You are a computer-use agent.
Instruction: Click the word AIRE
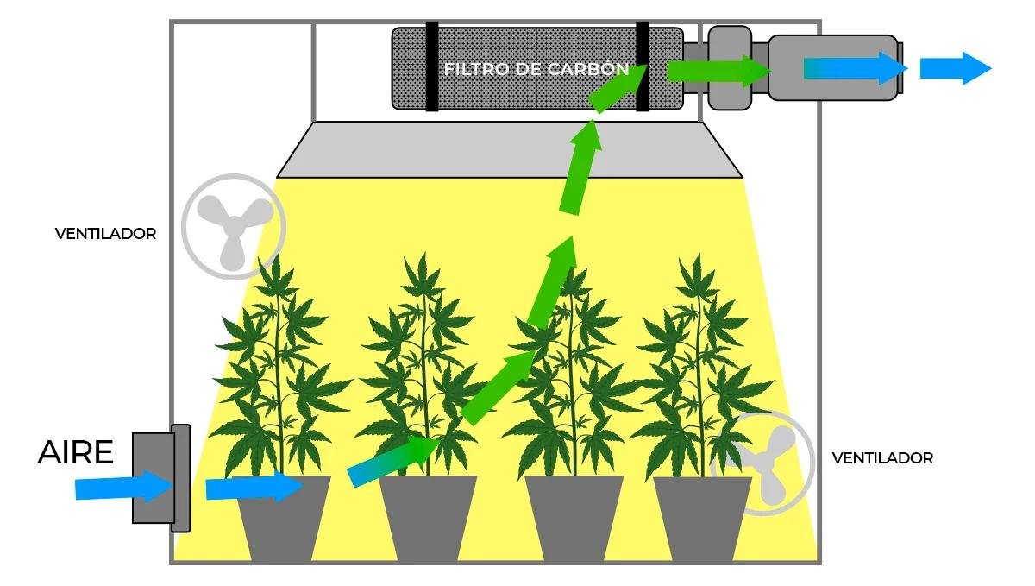point(75,452)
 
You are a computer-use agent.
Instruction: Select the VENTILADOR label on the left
point(105,234)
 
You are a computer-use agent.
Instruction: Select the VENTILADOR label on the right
point(882,458)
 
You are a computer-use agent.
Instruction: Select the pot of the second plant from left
point(429,519)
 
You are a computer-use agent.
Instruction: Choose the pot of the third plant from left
point(574,519)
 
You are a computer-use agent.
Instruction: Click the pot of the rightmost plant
point(702,519)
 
